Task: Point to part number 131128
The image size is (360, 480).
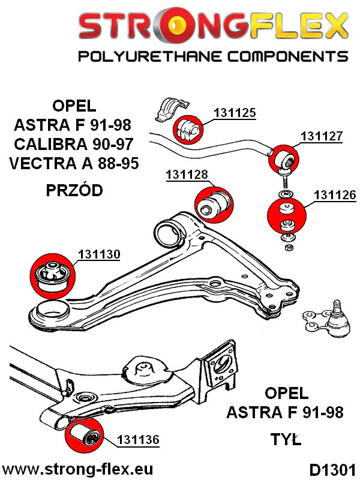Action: (187, 175)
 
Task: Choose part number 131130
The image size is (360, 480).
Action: (99, 254)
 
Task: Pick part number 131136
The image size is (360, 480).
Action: (138, 440)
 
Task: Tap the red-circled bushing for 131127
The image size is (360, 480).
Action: (285, 157)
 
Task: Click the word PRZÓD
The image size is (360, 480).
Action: (74, 191)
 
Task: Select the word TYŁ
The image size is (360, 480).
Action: (283, 440)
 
